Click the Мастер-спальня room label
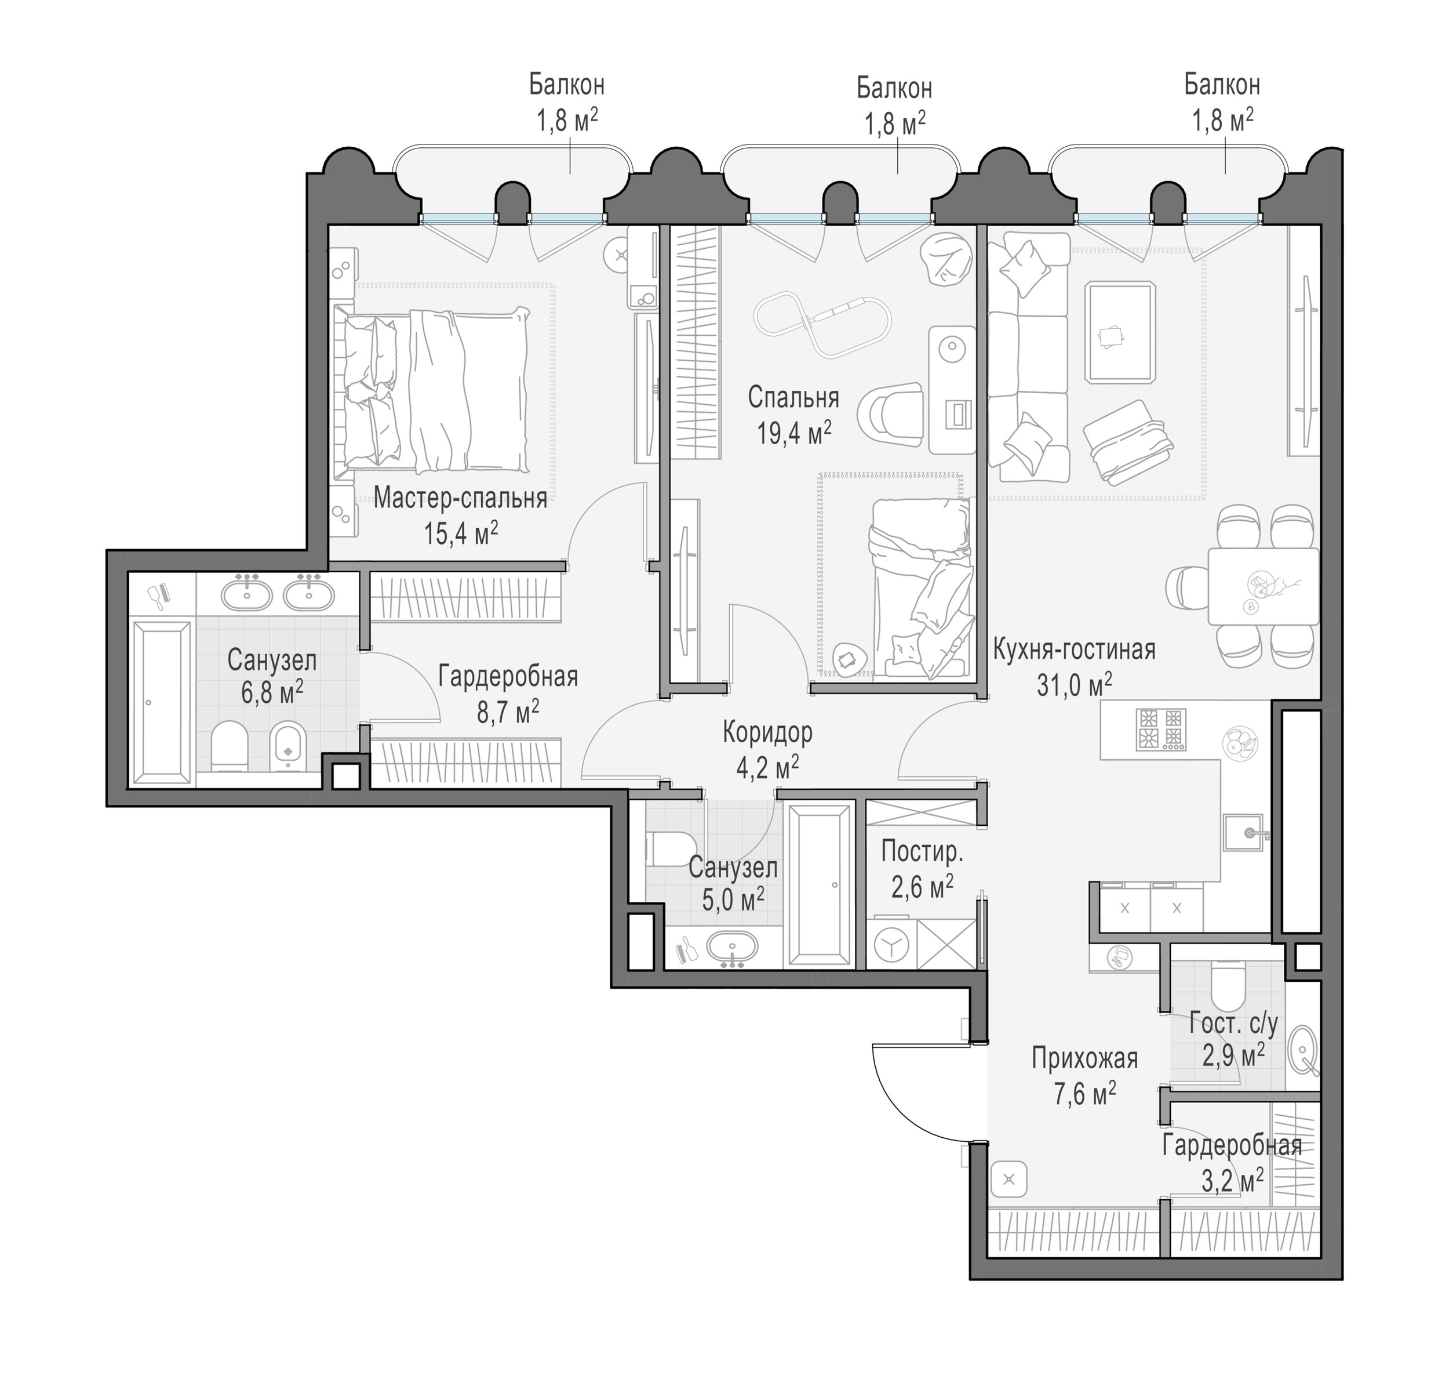coord(460,498)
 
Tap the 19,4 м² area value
coord(794,432)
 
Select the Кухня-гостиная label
coord(1074,650)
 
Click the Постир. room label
coord(922,852)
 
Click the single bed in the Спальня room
coord(920,587)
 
